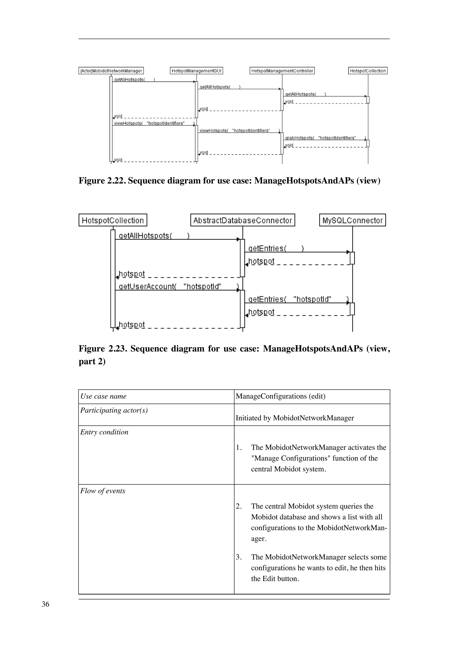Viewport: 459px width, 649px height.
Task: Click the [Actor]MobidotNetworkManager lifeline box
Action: pyautogui.click(x=111, y=71)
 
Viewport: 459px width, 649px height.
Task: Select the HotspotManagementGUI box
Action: pyautogui.click(x=196, y=71)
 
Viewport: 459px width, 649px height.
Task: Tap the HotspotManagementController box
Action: pyautogui.click(x=282, y=71)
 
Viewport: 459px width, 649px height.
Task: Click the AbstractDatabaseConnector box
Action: pyautogui.click(x=243, y=220)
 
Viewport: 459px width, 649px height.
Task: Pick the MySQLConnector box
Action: pyautogui.click(x=352, y=220)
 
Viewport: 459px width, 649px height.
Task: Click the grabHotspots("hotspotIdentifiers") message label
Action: pyautogui.click(x=325, y=138)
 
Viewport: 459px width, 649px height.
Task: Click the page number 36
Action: pyautogui.click(x=45, y=604)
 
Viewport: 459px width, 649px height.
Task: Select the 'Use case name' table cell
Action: pyautogui.click(x=104, y=396)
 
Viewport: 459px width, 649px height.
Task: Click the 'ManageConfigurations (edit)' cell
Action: pyautogui.click(x=281, y=396)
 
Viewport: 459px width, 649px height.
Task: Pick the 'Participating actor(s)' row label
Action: pyautogui.click(x=114, y=410)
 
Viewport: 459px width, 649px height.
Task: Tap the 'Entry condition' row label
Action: pyautogui.click(x=104, y=432)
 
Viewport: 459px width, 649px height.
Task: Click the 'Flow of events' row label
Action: pyautogui.click(x=103, y=491)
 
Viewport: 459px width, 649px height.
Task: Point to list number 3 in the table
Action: pyautogui.click(x=239, y=557)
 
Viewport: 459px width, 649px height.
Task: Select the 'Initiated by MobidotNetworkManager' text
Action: pyautogui.click(x=295, y=418)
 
